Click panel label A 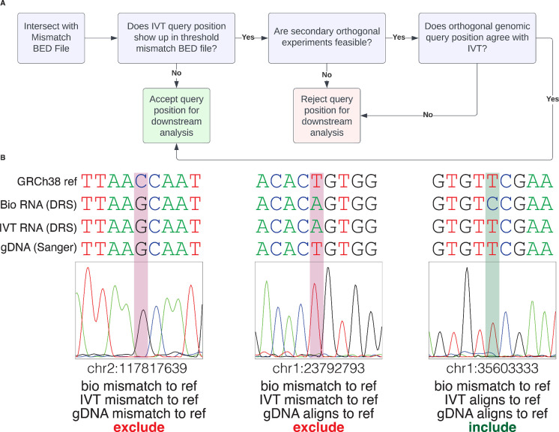[4, 4]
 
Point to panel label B [4, 159]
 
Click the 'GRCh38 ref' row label [45, 181]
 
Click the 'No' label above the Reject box [327, 74]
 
